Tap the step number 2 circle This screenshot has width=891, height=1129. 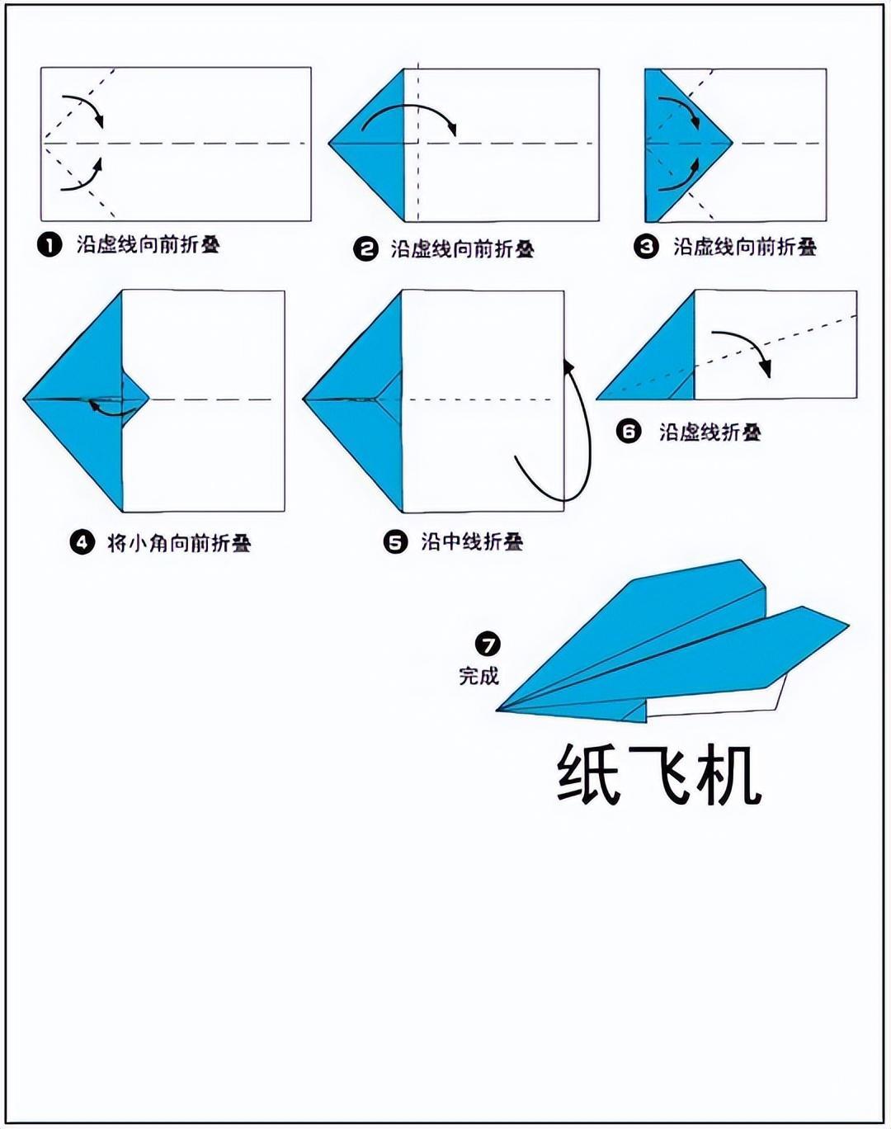point(365,248)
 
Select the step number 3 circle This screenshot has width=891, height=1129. point(647,246)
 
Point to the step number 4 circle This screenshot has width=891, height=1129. point(82,542)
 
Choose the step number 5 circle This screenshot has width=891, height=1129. point(396,542)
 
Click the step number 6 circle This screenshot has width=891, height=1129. point(629,432)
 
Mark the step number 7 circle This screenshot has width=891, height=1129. point(488,645)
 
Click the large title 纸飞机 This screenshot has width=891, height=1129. point(658,774)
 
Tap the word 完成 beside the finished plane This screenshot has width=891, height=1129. point(478,676)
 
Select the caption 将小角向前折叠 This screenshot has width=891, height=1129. point(179,542)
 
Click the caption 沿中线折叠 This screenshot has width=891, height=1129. point(472,541)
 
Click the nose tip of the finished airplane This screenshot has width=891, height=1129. point(497,711)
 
